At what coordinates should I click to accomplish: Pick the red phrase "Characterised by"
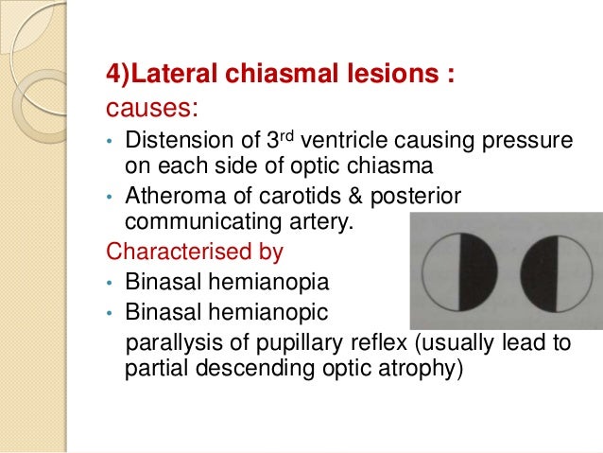click(180, 253)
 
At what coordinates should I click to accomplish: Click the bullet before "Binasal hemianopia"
click(110, 283)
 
